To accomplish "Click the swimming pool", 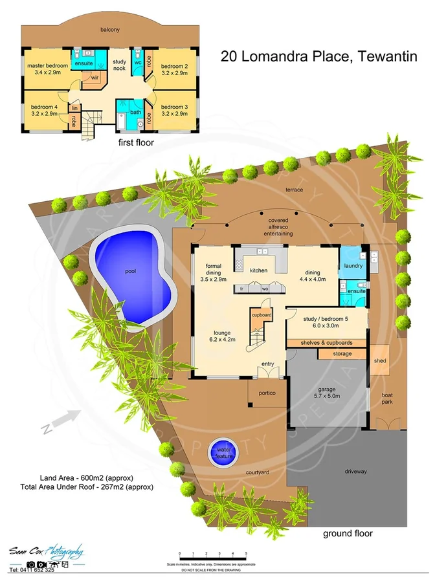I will click(133, 278).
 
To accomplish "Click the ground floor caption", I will click(348, 534).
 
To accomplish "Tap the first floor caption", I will click(135, 142).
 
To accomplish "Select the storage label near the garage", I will click(342, 354).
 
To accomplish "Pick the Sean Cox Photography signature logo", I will click(45, 552).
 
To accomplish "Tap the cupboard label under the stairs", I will click(261, 315).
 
